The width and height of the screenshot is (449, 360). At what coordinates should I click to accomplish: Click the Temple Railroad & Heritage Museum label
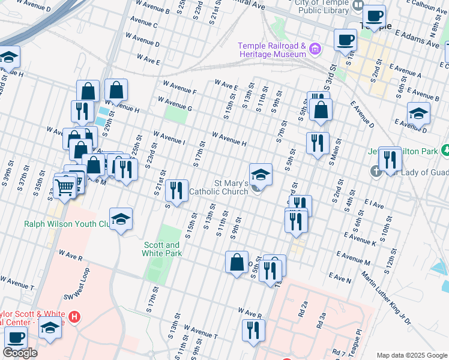point(272,50)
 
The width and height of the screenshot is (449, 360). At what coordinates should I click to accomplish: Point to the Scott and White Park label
point(161,249)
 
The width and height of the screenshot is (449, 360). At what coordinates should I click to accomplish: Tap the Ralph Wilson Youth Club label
point(66,224)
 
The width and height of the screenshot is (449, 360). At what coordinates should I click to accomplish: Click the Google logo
point(20,352)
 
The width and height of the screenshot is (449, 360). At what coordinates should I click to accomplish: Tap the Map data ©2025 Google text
point(411,355)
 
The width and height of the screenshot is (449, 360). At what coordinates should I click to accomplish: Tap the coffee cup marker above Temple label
point(375,17)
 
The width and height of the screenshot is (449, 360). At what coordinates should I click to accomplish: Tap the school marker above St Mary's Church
point(261,174)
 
